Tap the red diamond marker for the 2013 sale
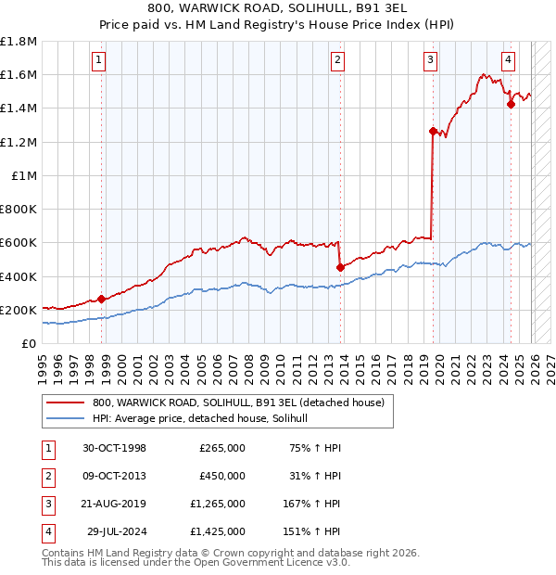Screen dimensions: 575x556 pyautogui.click(x=340, y=267)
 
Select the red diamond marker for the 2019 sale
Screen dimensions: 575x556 pyautogui.click(x=433, y=132)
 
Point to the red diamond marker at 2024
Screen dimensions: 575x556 pyautogui.click(x=511, y=105)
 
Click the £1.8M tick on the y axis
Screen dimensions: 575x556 pyautogui.click(x=19, y=42)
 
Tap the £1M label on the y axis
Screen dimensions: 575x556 pyautogui.click(x=25, y=175)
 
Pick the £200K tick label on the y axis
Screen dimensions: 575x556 pyautogui.click(x=19, y=310)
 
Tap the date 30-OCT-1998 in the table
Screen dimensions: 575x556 pyautogui.click(x=115, y=448)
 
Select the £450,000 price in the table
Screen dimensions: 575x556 pyautogui.click(x=222, y=476)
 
